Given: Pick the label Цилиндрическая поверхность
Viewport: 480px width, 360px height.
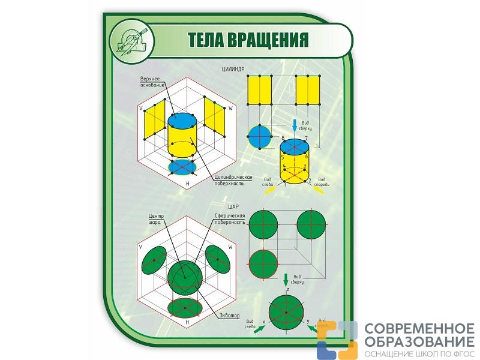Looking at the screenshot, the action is click(233, 181).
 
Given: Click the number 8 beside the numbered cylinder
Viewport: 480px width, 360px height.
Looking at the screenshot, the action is click(283, 139).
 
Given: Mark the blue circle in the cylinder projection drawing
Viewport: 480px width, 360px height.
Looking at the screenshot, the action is click(259, 136).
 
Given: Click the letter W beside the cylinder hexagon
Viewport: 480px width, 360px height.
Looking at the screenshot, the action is click(230, 109).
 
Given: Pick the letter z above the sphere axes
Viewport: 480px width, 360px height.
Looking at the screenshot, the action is click(288, 290).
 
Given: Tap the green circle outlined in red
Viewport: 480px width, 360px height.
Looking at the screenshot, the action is click(263, 263).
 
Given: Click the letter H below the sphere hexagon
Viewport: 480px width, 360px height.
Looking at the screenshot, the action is click(188, 322).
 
